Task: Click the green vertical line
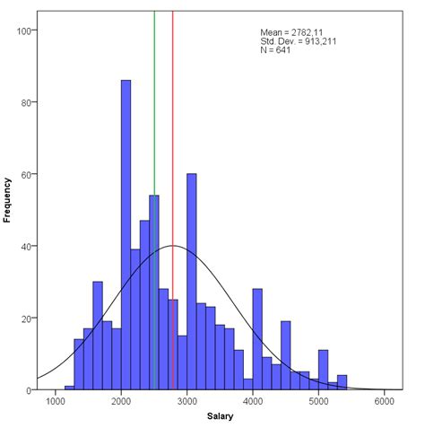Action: [154, 108]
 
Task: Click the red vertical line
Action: [172, 108]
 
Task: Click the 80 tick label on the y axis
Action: [28, 102]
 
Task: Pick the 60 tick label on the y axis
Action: [28, 174]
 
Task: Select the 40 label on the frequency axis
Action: [28, 246]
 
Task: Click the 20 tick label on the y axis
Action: [28, 319]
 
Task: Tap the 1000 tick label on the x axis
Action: [56, 403]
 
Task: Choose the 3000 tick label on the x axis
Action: [186, 403]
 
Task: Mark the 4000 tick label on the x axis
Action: [253, 403]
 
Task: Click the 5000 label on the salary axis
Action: [319, 403]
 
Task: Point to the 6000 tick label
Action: [385, 403]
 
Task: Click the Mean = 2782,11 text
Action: [290, 32]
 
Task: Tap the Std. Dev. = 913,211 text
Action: [298, 41]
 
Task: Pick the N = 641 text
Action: [275, 50]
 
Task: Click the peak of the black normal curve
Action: [173, 246]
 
